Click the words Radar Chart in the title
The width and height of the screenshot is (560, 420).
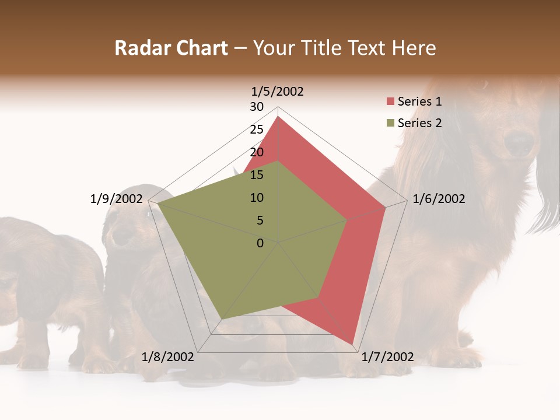171,48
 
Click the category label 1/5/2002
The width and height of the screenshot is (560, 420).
278,91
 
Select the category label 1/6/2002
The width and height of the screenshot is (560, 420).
439,199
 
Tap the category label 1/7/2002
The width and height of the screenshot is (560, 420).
388,357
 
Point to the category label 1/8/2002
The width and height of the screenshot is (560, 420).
168,357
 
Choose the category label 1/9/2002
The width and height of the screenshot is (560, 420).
117,199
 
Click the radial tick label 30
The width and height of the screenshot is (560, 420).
257,107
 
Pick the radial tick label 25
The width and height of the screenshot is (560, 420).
257,129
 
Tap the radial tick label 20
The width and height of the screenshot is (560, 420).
257,152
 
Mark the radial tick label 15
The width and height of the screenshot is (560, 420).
257,175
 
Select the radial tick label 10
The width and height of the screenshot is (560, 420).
257,198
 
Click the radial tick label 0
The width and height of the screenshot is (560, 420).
260,243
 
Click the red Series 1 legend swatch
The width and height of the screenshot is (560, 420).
390,101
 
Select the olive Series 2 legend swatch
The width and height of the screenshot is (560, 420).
390,123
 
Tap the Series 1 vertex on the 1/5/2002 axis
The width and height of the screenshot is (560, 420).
278,117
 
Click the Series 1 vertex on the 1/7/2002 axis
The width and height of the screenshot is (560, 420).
352,344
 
